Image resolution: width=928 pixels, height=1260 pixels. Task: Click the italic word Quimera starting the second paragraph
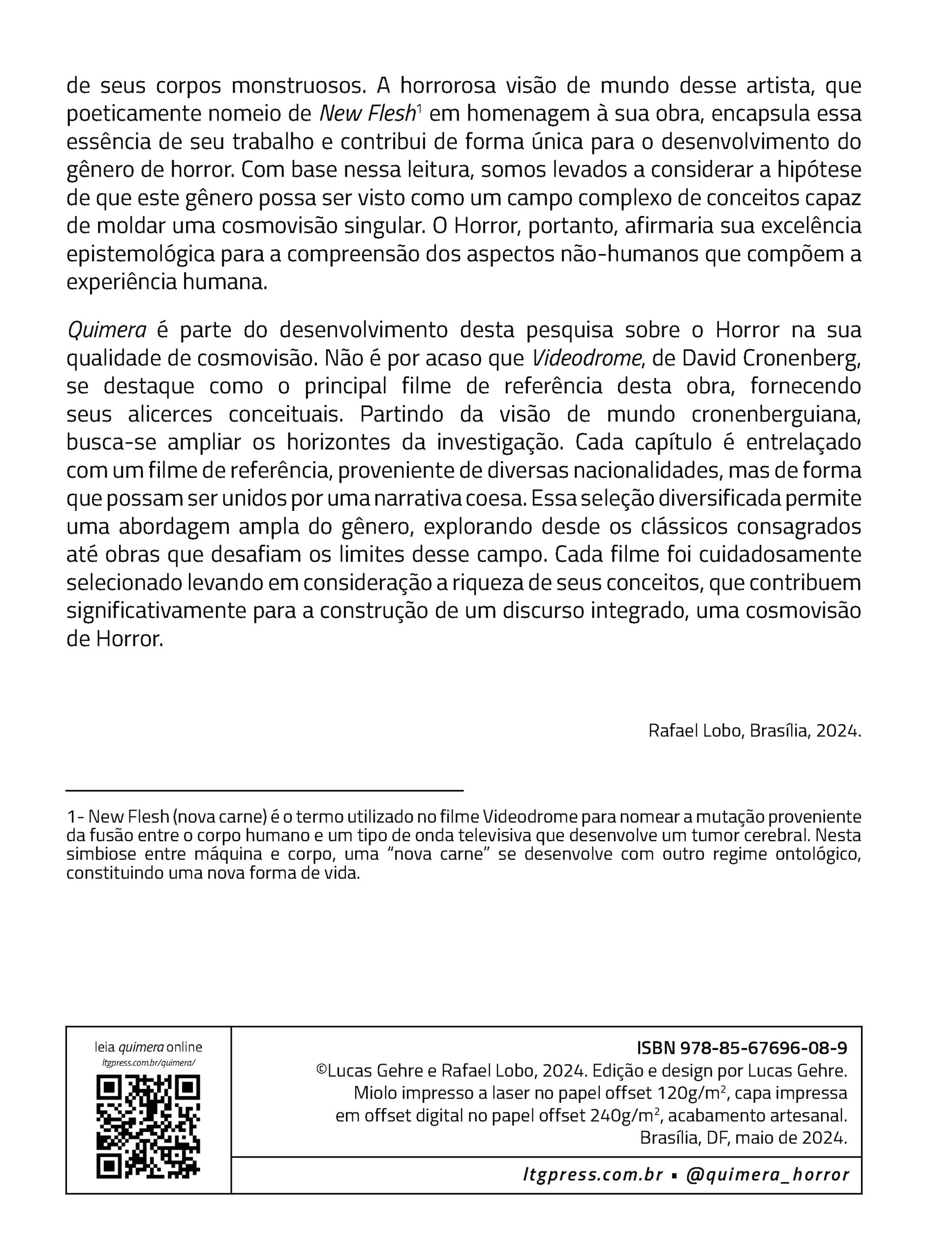[106, 330]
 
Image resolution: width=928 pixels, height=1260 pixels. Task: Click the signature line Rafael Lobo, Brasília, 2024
[754, 731]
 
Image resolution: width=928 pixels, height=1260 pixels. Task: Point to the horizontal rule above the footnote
[264, 790]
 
